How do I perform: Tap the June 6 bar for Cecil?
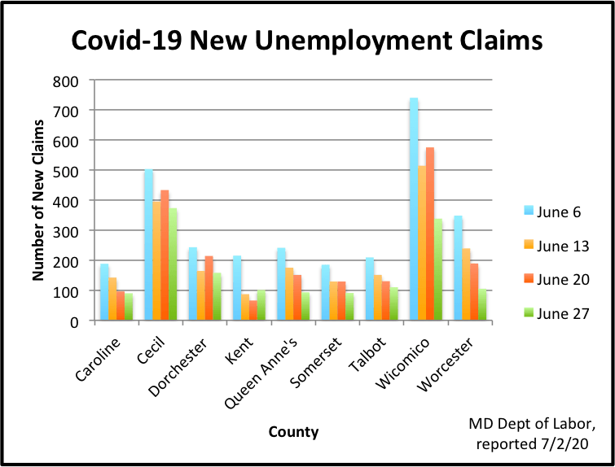(149, 245)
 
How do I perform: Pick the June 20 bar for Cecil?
(165, 255)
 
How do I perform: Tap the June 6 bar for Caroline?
(104, 292)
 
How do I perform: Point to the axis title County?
(294, 432)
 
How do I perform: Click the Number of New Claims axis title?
(37, 200)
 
